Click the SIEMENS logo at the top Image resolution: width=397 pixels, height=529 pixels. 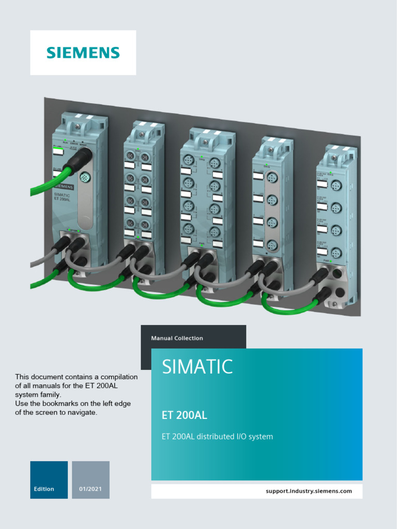[83, 53]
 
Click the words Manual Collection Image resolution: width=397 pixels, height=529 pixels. [177, 338]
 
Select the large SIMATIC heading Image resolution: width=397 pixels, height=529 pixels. [197, 367]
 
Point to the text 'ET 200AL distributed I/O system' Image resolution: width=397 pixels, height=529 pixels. [217, 437]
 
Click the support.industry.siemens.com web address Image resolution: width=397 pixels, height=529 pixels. [309, 491]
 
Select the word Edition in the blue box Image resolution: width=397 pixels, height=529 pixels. [44, 489]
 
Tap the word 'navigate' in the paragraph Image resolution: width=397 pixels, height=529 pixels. [84, 413]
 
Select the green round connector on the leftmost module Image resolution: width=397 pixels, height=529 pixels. [86, 178]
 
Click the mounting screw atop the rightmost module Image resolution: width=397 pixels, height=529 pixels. [334, 158]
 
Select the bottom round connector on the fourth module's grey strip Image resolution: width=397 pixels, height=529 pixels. [272, 245]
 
